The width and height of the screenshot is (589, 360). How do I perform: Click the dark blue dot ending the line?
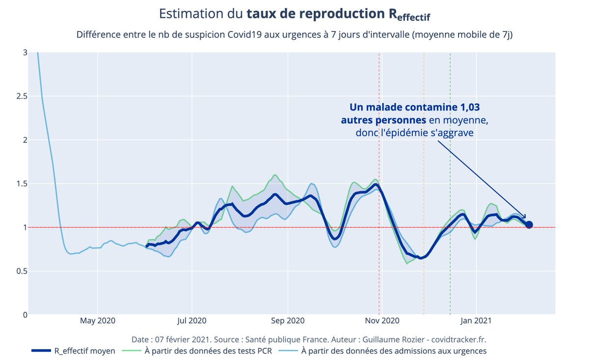(x=529, y=225)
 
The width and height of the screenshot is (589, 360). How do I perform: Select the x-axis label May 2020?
(x=98, y=321)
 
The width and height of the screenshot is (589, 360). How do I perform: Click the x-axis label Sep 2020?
(x=288, y=321)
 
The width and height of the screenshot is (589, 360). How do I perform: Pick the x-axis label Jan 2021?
(x=476, y=321)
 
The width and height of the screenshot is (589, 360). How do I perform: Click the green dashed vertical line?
(x=450, y=147)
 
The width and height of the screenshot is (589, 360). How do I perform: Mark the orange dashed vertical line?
(x=424, y=147)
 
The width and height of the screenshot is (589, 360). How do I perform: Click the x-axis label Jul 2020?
(x=192, y=321)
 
